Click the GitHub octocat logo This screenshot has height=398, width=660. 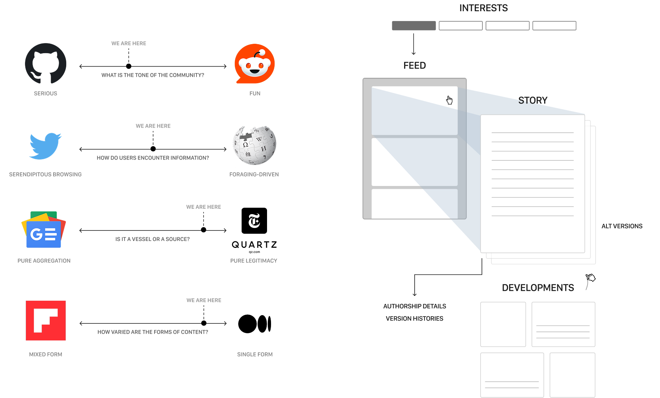point(46,64)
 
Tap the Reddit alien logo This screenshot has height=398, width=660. point(254,64)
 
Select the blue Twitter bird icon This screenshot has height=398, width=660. point(45,146)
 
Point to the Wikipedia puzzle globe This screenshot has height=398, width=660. point(254,145)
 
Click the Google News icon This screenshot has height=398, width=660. point(44,230)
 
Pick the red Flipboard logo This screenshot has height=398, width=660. point(46,320)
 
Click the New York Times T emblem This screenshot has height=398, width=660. point(254,221)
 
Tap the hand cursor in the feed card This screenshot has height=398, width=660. point(449,100)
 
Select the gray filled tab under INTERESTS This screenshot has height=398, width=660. point(414,26)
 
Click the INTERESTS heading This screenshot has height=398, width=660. point(483,8)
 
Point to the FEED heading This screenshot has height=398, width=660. point(414,65)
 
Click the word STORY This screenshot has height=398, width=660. point(533,100)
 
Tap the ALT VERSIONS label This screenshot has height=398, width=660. point(622,226)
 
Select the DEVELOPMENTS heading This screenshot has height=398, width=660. point(538,288)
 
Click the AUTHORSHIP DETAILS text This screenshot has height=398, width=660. point(414,306)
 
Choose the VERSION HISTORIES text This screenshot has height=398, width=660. point(414,318)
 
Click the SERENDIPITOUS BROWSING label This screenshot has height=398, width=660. point(45,174)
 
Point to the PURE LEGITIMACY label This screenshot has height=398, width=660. point(254,261)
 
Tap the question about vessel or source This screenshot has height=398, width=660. point(152,239)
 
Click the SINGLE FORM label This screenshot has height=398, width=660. point(255,354)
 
